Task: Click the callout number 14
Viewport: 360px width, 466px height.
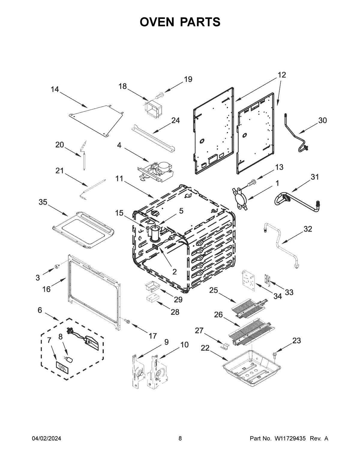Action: point(55,89)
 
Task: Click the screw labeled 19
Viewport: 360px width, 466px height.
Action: point(160,95)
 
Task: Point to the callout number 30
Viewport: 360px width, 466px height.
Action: point(322,120)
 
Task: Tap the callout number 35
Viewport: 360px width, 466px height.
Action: point(43,202)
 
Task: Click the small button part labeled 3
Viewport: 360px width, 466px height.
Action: point(56,266)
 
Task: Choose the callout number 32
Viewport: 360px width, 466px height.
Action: point(308,229)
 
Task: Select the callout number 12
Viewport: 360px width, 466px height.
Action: point(282,75)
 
